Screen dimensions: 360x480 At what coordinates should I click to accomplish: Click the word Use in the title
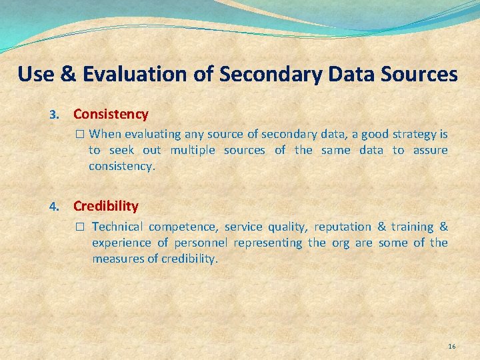pos(33,74)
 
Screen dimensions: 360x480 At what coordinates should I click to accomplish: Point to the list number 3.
pos(56,115)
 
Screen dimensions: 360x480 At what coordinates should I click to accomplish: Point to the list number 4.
pos(56,207)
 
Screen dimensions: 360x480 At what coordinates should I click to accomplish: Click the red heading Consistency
pos(111,114)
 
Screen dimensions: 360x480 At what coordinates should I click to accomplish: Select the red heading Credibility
pos(106,206)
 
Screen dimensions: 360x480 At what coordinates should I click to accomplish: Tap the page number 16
pos(452,346)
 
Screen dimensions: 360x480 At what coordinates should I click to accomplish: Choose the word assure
pos(430,150)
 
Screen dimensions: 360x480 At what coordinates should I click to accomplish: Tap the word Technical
pos(117,227)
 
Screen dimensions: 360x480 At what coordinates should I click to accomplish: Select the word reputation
pos(343,227)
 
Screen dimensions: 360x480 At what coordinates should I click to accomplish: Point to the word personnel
pos(201,243)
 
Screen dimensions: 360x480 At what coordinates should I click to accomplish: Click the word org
pos(340,243)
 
